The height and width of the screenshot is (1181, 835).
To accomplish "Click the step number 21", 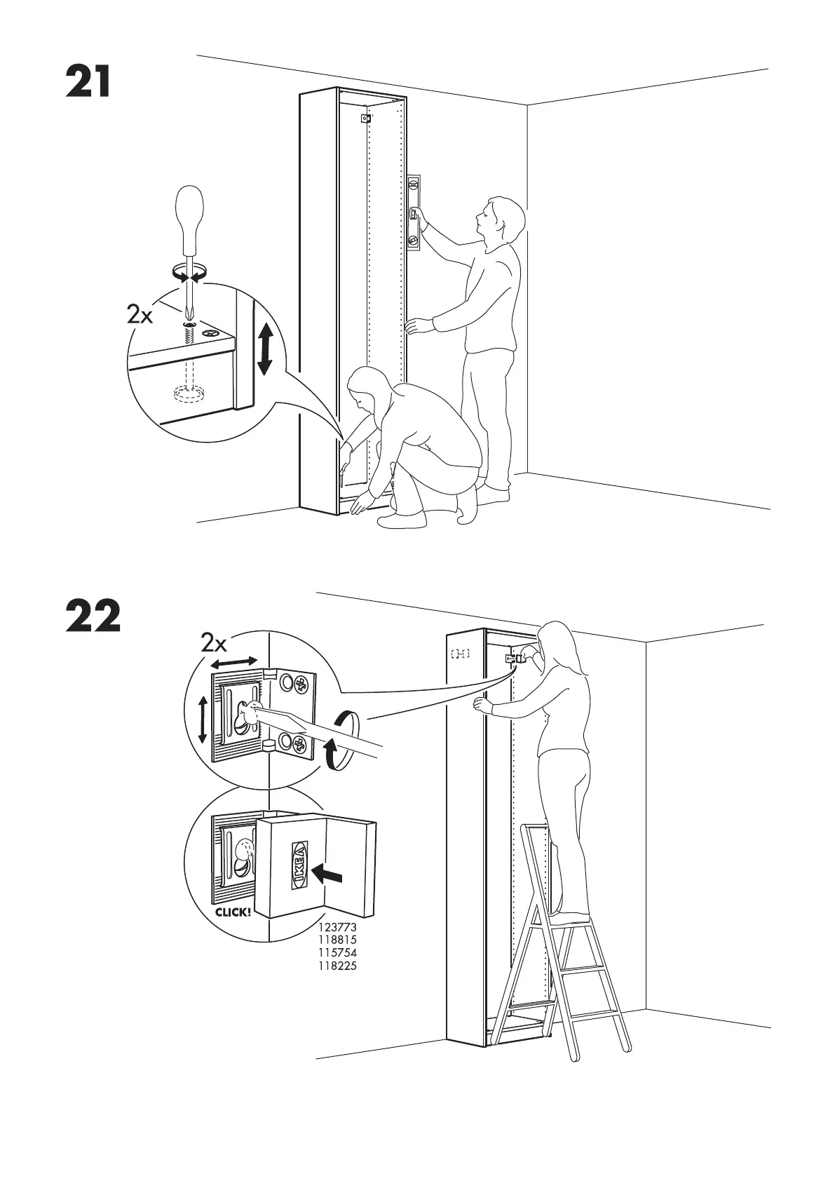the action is tap(88, 82).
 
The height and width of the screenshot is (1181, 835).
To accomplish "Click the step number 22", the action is tap(93, 616).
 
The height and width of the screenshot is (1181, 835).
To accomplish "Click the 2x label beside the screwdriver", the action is tap(140, 316).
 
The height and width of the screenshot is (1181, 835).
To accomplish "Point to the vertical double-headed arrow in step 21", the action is tap(264, 348).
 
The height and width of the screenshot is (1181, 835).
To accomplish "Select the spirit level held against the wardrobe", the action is tap(415, 211).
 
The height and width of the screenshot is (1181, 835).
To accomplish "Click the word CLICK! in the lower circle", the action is tap(232, 912).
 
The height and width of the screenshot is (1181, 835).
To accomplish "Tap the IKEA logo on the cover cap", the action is tap(299, 865).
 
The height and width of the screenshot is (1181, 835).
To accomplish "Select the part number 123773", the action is tap(339, 927).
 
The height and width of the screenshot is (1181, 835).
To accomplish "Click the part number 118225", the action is tap(339, 966).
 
